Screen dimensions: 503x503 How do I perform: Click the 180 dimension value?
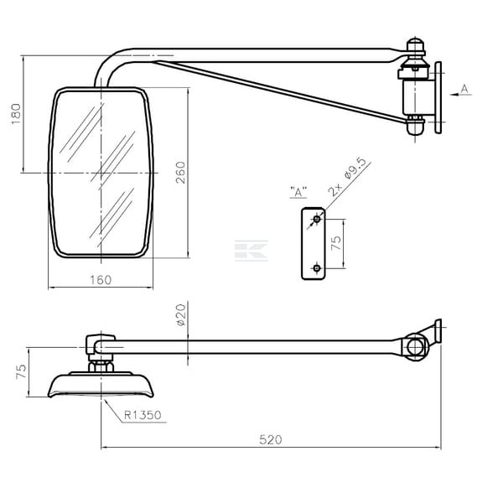click(x=16, y=114)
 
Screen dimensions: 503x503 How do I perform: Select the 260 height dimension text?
click(x=180, y=173)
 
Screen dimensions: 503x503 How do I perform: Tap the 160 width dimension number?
click(x=101, y=280)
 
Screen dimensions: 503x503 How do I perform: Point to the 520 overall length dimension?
click(x=271, y=439)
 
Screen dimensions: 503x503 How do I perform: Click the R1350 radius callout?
click(x=143, y=415)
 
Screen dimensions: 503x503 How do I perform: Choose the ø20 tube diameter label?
click(x=181, y=314)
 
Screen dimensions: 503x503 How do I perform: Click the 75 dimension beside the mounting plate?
click(x=336, y=243)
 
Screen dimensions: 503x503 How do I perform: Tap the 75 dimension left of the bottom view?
click(x=22, y=371)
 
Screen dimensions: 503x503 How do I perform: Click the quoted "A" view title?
click(x=298, y=192)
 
